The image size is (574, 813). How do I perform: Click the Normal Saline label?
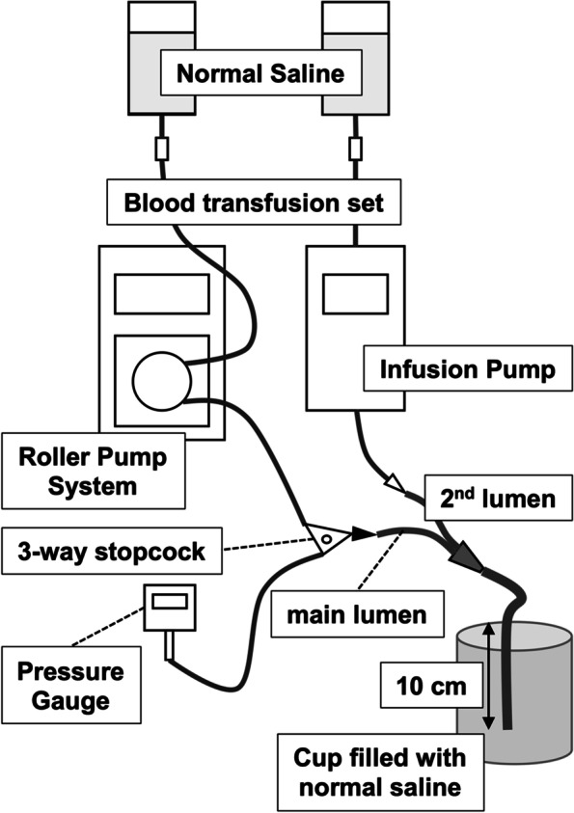click(260, 73)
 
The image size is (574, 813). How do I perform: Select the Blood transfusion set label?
click(254, 203)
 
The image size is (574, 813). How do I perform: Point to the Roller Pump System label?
click(94, 471)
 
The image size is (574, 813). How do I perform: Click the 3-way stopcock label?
click(112, 551)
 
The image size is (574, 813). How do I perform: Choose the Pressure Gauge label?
click(71, 685)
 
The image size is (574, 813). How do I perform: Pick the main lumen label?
click(357, 614)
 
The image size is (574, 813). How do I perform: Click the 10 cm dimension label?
click(431, 686)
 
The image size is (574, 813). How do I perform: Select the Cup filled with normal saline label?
click(380, 772)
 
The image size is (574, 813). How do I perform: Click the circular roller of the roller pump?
click(162, 381)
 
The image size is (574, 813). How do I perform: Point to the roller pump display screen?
click(162, 294)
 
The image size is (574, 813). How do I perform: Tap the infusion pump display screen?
click(355, 294)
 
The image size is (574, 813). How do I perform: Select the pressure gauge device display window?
click(170, 602)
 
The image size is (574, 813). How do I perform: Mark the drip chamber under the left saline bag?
click(162, 149)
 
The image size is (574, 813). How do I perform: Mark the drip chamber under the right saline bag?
click(355, 149)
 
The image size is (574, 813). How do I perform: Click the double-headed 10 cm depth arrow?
click(487, 676)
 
